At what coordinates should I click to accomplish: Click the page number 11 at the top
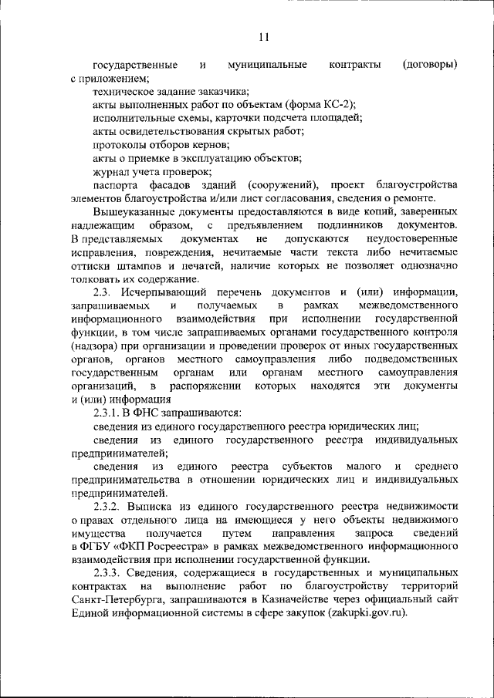pos(263,36)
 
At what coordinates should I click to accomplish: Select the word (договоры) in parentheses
pos(430,64)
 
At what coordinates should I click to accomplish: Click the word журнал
pos(112,171)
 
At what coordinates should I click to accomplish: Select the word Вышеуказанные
pos(133,211)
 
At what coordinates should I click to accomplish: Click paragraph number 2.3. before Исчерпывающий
pos(105,292)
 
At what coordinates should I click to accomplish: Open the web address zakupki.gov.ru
pos(357,614)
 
